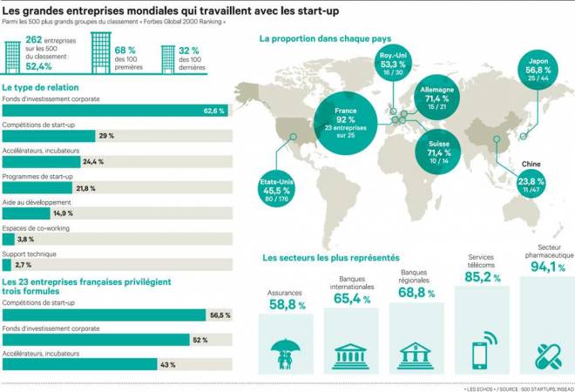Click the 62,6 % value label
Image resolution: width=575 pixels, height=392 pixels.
coord(214,112)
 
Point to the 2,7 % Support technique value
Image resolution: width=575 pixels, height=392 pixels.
coord(24,265)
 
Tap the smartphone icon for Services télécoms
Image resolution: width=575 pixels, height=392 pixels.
coord(482,352)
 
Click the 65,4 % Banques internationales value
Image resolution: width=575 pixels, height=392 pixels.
coord(351,299)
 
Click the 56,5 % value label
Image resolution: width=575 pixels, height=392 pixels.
coord(219,314)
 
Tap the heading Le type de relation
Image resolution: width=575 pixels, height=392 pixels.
coord(41,88)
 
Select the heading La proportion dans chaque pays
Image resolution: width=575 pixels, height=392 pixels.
coord(324,38)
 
